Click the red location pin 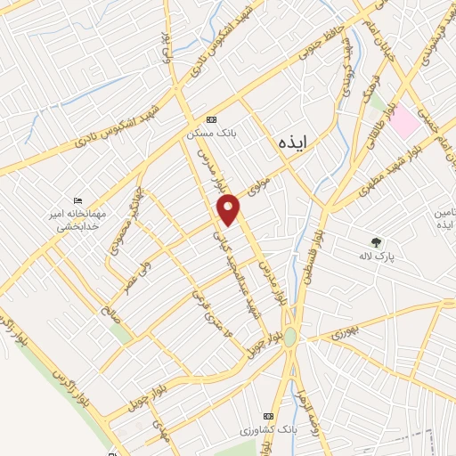point(230,209)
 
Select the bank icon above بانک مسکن point(210,119)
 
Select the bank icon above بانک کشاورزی point(270,417)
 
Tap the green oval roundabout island point(290,338)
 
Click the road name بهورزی point(342,332)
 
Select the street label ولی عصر point(137,265)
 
